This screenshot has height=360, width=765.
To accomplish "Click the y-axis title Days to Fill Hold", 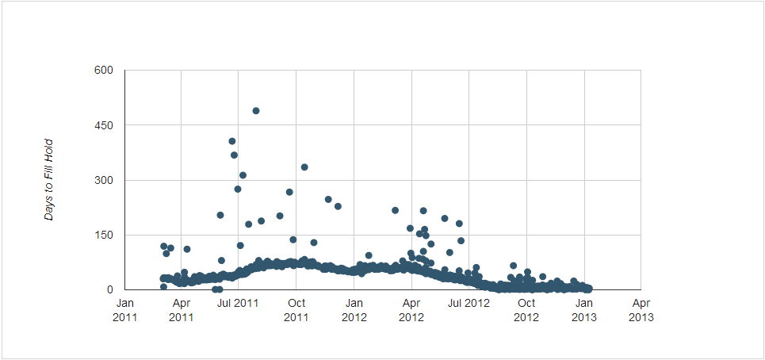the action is pos(49,180).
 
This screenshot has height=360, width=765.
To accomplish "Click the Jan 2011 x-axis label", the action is pos(125,310).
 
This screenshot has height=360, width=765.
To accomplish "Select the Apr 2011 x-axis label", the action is pos(182,310).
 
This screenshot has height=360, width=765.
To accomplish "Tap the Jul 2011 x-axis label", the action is pos(239,304).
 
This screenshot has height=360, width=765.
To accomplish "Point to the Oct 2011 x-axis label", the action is pos(296,310).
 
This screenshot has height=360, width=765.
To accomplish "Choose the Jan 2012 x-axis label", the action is pos(354,310).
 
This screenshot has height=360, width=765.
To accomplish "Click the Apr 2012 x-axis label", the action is pos(411,310).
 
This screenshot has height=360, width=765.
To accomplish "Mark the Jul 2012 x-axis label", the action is pos(469,304).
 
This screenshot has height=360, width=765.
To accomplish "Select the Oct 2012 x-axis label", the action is pos(526,310).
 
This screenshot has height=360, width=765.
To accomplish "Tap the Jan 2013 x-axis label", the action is pos(584,310).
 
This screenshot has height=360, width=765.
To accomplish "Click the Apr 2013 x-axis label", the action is pos(641,310).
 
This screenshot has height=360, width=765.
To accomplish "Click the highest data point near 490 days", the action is pos(255,111).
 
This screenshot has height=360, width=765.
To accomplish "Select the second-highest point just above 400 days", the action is pos(232,141).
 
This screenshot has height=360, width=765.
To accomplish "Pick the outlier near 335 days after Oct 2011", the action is pos(304,167).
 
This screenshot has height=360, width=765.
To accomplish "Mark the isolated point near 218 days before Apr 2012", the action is pos(396,210).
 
